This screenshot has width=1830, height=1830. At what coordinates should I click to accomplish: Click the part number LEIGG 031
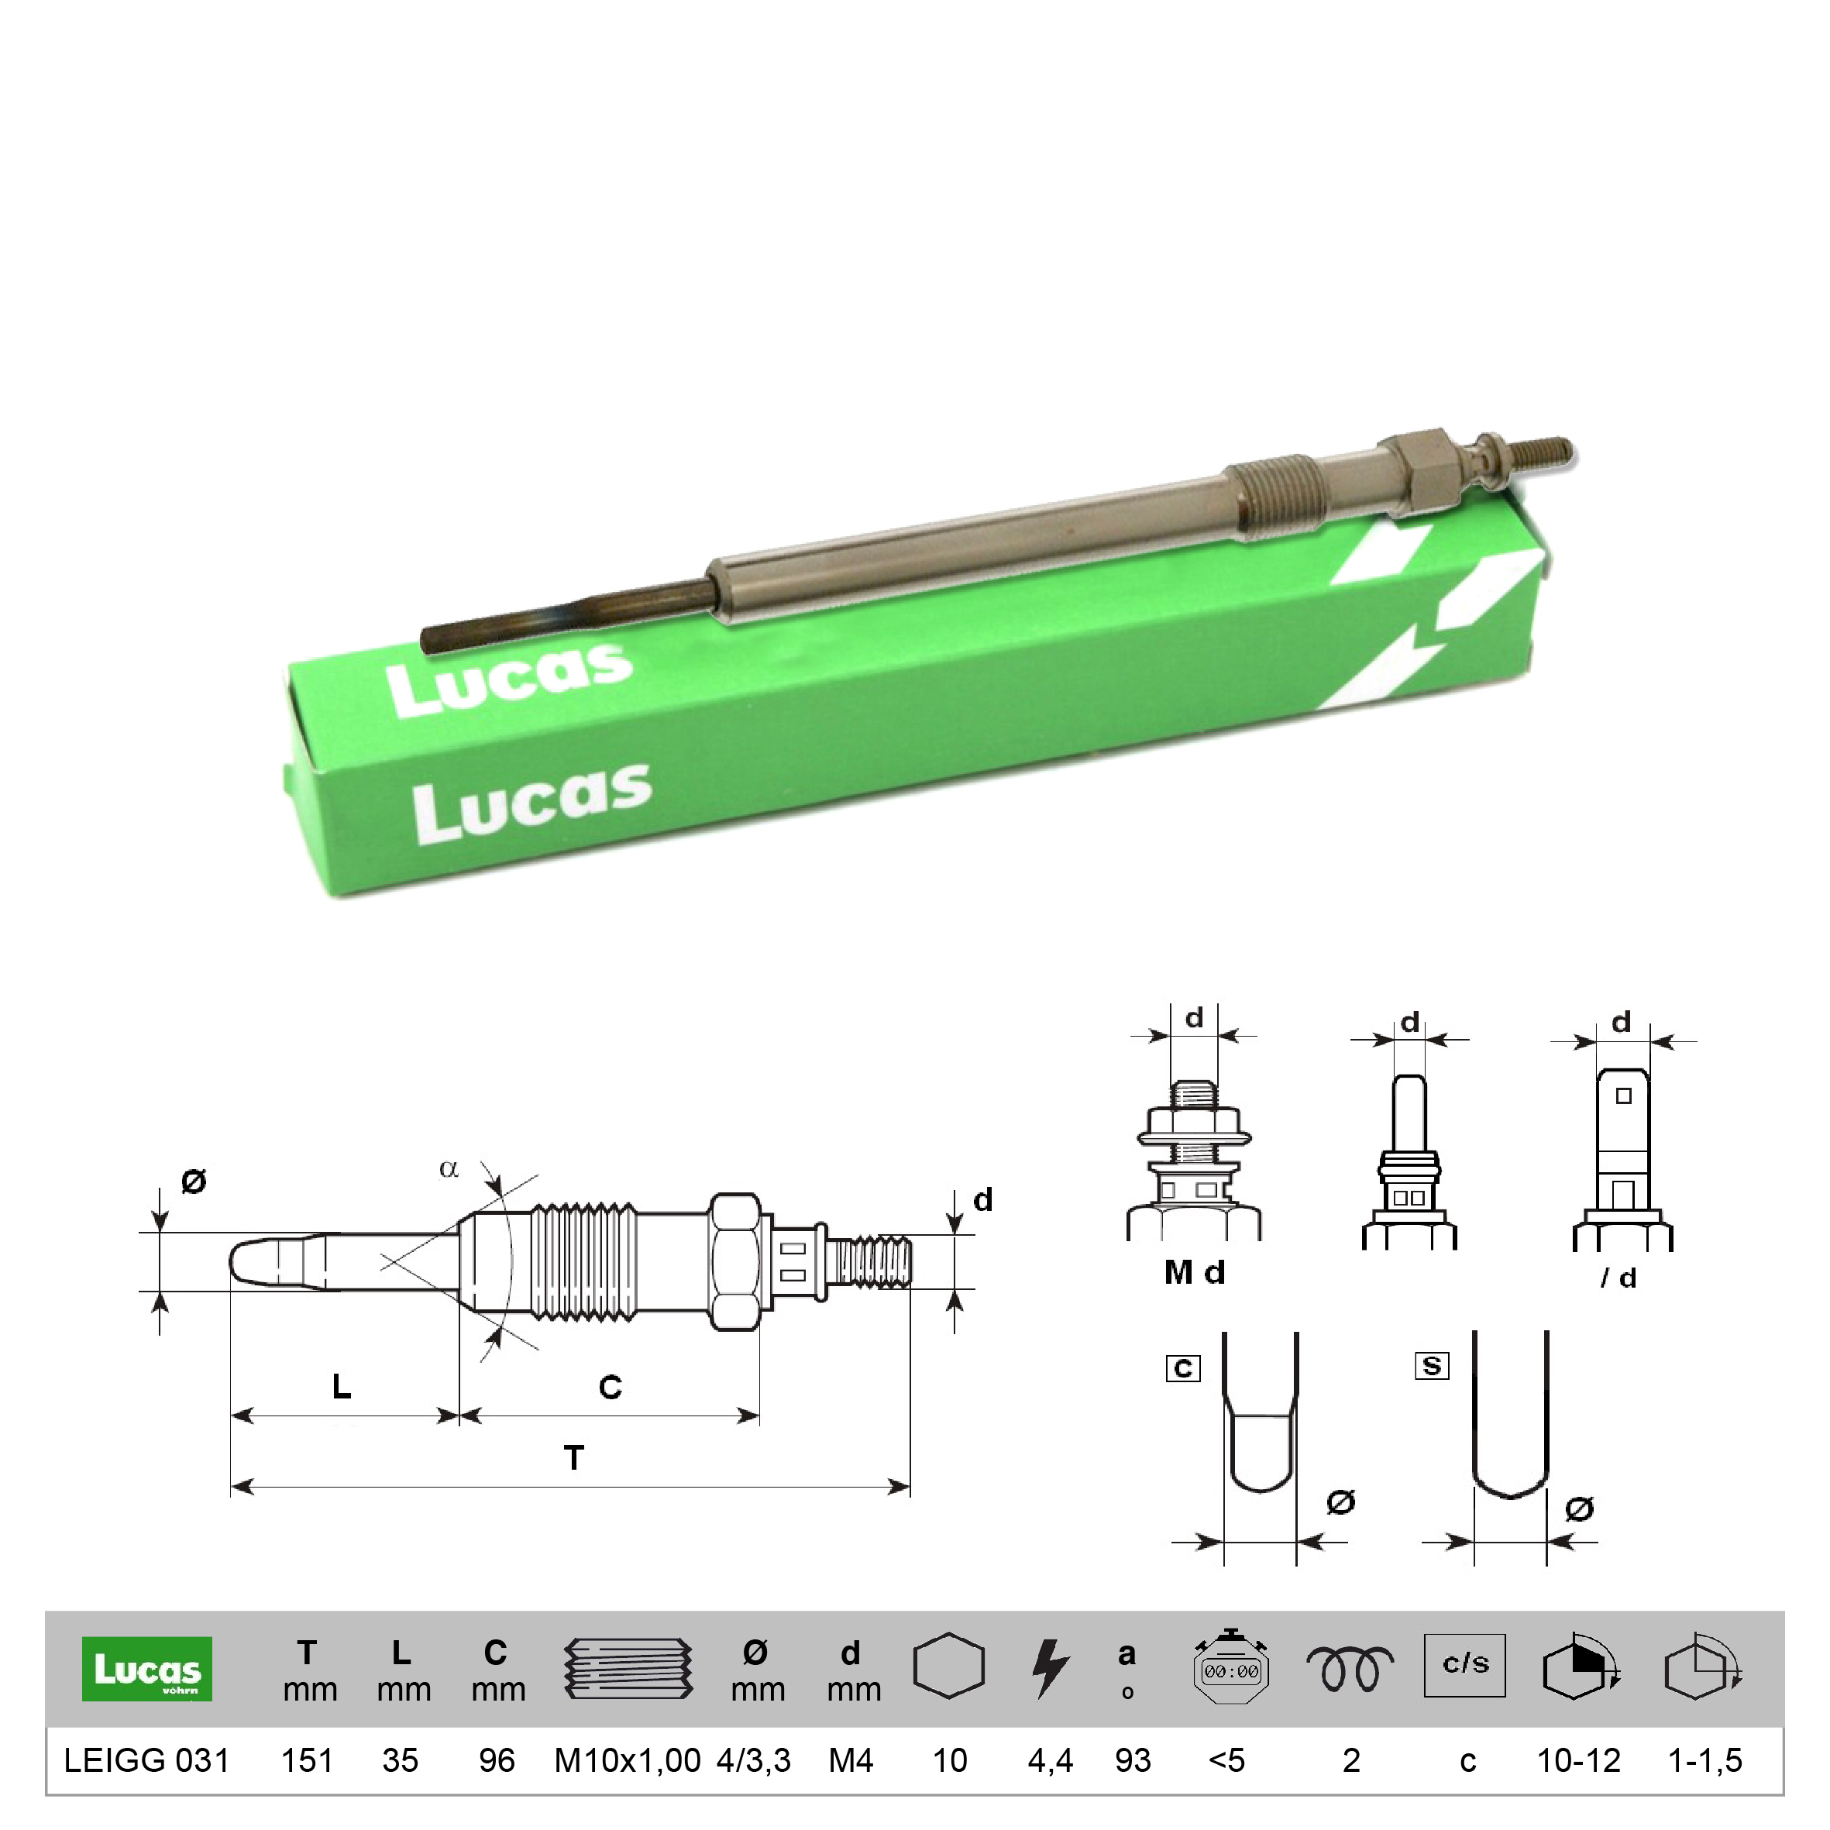coord(146,1760)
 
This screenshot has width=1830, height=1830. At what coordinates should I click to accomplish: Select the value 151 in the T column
coord(307,1760)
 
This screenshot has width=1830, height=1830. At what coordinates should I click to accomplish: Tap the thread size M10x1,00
coord(627,1760)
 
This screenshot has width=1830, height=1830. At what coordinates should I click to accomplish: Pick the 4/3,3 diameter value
coord(754,1760)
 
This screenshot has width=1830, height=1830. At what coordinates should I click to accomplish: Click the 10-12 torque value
coord(1579,1760)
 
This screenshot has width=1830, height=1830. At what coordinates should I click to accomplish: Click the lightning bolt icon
coord(1051,1669)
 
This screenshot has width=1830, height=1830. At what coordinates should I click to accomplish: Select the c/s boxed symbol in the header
coord(1464,1664)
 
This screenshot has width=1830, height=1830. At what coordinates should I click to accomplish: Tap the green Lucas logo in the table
coord(146,1668)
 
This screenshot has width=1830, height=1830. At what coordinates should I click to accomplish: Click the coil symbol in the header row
coord(1350,1669)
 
